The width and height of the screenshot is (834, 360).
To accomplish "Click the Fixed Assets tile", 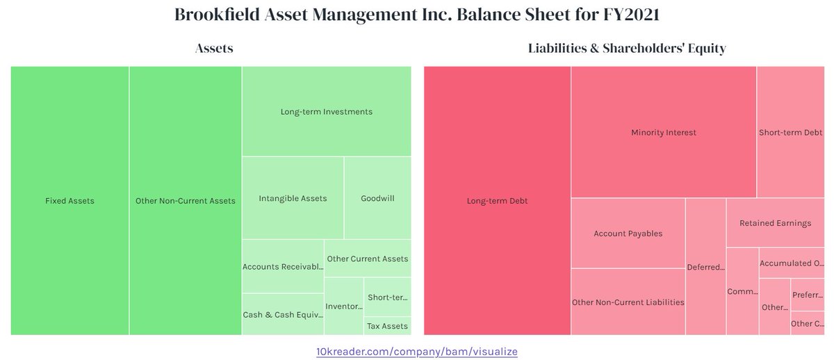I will pos(69,201).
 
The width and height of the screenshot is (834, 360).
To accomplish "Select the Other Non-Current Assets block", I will pos(186,201).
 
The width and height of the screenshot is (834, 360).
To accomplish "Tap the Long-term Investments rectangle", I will pos(326,112).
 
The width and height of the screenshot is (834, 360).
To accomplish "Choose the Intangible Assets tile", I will pos(293,198).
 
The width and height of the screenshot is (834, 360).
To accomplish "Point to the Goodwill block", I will pos(377,198).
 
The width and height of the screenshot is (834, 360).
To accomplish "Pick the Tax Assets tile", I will pos(387,326).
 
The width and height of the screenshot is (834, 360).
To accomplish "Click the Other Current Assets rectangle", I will pos(368,259).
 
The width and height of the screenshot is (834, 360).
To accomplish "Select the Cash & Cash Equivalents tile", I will pos(283,314).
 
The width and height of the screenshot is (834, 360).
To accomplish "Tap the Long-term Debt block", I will pos(498,201).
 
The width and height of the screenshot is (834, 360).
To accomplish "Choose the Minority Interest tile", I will pos(664,132).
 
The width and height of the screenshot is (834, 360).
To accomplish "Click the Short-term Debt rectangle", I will pos(790,132).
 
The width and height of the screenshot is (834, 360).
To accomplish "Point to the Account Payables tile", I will pos(628,234).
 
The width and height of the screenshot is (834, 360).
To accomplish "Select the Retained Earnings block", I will pos(775,223).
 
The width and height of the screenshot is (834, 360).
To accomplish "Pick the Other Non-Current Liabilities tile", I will pos(628,302).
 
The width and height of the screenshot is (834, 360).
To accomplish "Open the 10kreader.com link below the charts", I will pos(417,352).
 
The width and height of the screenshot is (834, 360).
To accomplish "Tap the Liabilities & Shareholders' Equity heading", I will pos(627,48).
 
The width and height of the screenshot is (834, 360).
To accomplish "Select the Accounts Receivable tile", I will pos(283,267).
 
